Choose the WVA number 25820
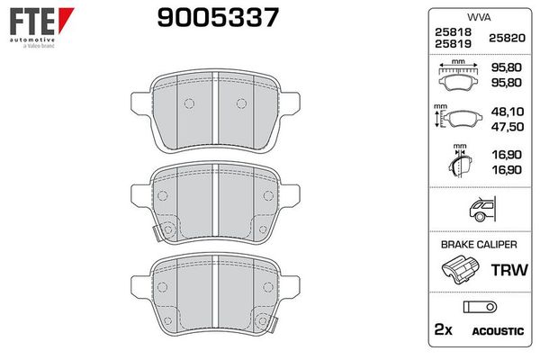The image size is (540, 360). point(504,36)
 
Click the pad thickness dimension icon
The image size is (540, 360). point(462,162)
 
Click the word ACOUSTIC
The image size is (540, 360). point(497,331)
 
